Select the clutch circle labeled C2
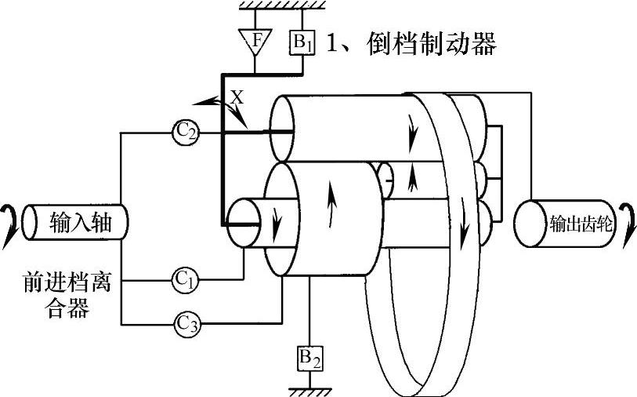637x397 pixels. (185, 133)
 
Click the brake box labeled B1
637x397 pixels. (302, 42)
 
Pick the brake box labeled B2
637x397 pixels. (310, 358)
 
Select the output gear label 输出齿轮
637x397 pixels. (580, 223)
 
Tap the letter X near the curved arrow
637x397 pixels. (238, 97)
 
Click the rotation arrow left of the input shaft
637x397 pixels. (10, 222)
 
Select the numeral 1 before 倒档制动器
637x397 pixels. (331, 43)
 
